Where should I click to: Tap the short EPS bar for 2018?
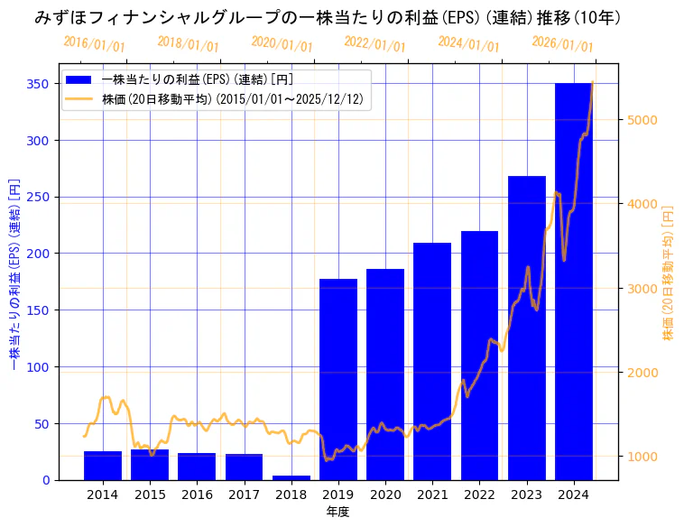[x=291, y=477]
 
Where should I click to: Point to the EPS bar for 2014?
[x=103, y=466]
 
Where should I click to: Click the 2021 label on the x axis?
[x=432, y=495]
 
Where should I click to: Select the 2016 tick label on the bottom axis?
[x=197, y=495]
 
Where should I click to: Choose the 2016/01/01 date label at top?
[x=95, y=44]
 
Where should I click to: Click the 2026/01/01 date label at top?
[x=563, y=44]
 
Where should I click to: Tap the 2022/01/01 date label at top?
[x=375, y=44]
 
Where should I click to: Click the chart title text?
[x=328, y=17]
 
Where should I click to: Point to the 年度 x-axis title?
[x=338, y=512]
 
